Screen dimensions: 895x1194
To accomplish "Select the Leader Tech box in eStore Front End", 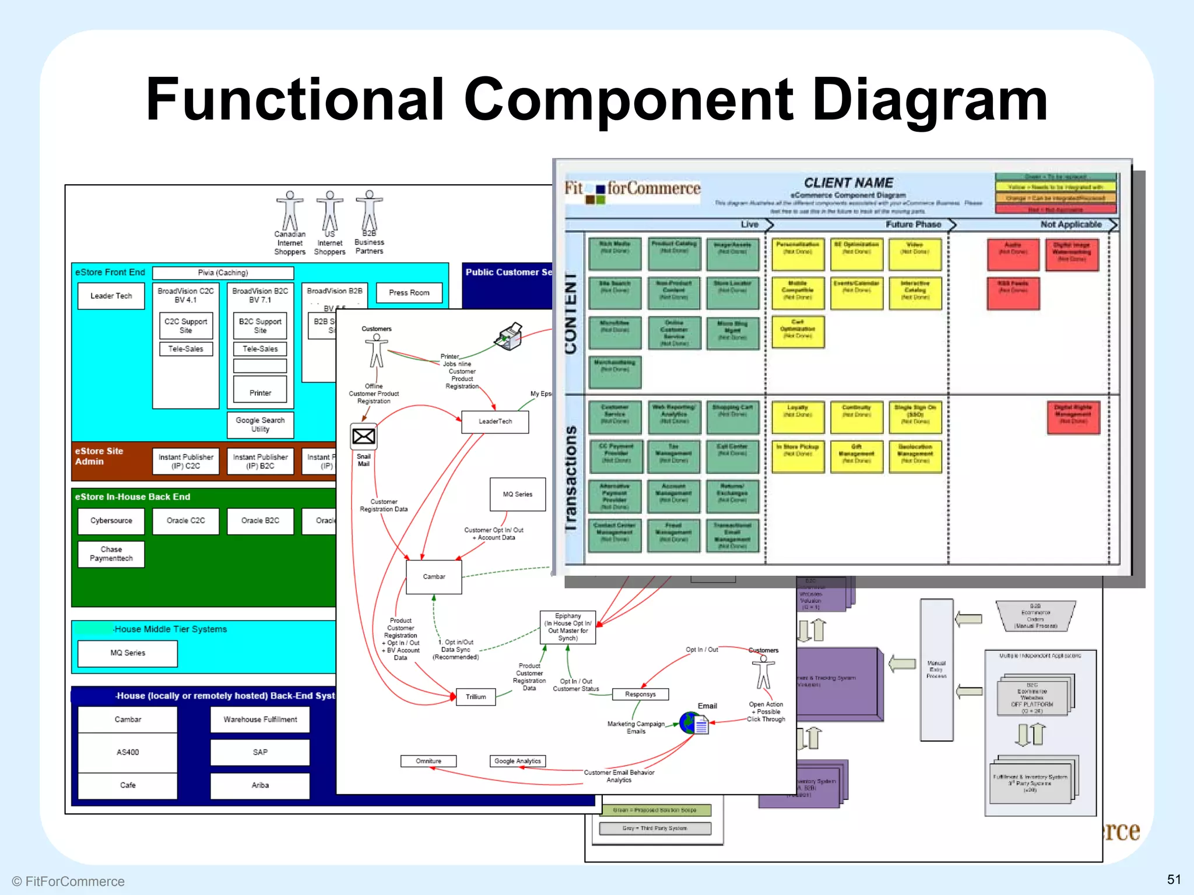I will (111, 296).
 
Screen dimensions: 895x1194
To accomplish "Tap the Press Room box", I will (409, 293).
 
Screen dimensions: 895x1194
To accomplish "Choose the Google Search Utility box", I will (260, 425).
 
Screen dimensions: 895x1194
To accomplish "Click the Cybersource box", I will (111, 521).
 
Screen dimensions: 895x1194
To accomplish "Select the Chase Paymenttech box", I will (111, 554).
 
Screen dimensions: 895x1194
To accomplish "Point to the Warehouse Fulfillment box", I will (260, 720).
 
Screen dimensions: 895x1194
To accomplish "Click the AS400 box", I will (128, 752).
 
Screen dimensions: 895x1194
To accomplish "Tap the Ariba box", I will (260, 785).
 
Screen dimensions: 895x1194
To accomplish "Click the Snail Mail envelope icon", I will (364, 436).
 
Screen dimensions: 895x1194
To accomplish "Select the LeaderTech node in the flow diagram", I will (495, 422).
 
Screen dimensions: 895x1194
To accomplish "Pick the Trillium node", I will (476, 697).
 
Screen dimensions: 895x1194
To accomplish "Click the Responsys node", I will (640, 695).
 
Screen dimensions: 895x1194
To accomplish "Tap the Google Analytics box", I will (518, 761).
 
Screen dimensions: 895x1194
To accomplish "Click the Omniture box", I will (429, 761).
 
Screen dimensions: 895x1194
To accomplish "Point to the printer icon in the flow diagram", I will (509, 336).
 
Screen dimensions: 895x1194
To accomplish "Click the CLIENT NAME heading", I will (848, 183).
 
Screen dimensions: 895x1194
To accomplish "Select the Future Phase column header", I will (913, 225).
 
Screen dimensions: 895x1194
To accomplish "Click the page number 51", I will (1174, 879).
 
